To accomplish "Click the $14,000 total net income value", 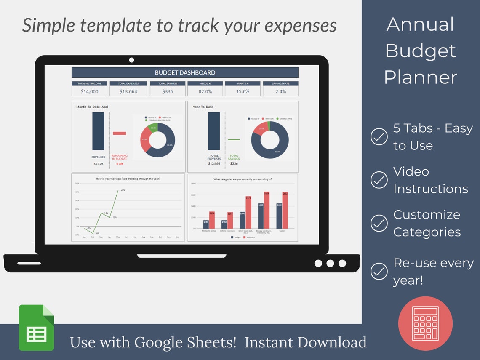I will (x=89, y=91).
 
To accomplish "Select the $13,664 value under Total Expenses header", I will (x=128, y=91).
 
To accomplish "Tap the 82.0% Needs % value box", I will (x=205, y=91).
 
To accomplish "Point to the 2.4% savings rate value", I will (x=280, y=91).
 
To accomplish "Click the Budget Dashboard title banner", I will (x=185, y=72).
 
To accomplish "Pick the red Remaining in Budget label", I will (x=119, y=157).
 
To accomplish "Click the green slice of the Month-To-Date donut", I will (x=154, y=128).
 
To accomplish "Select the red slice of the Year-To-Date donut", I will (x=260, y=129).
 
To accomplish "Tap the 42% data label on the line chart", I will (x=123, y=190).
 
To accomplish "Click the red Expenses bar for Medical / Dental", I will (x=212, y=220).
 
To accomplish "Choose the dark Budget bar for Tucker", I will (x=279, y=216).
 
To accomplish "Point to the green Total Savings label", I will (x=234, y=157).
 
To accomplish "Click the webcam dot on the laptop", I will (x=131, y=60).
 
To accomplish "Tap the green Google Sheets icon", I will (x=36, y=328).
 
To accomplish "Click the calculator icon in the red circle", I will (x=425, y=323).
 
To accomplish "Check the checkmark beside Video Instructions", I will (x=379, y=180).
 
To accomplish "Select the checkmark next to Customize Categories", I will (x=379, y=223).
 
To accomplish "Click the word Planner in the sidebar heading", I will (x=420, y=77).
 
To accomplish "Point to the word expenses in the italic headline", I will (x=300, y=25).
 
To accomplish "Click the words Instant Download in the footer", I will (x=305, y=342).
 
